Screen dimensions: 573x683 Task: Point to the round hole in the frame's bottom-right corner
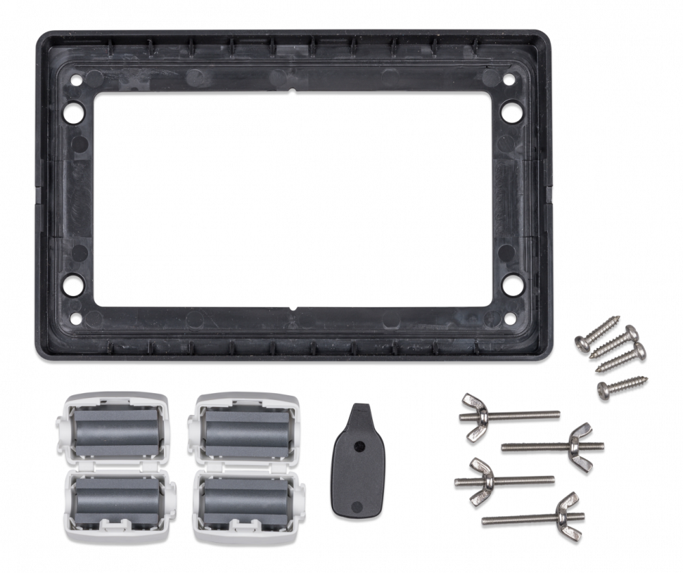click(511, 282)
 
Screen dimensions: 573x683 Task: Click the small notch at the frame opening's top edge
click(292, 90)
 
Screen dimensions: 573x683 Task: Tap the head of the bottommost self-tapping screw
click(604, 390)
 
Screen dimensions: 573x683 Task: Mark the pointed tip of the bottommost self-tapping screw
click(647, 377)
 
